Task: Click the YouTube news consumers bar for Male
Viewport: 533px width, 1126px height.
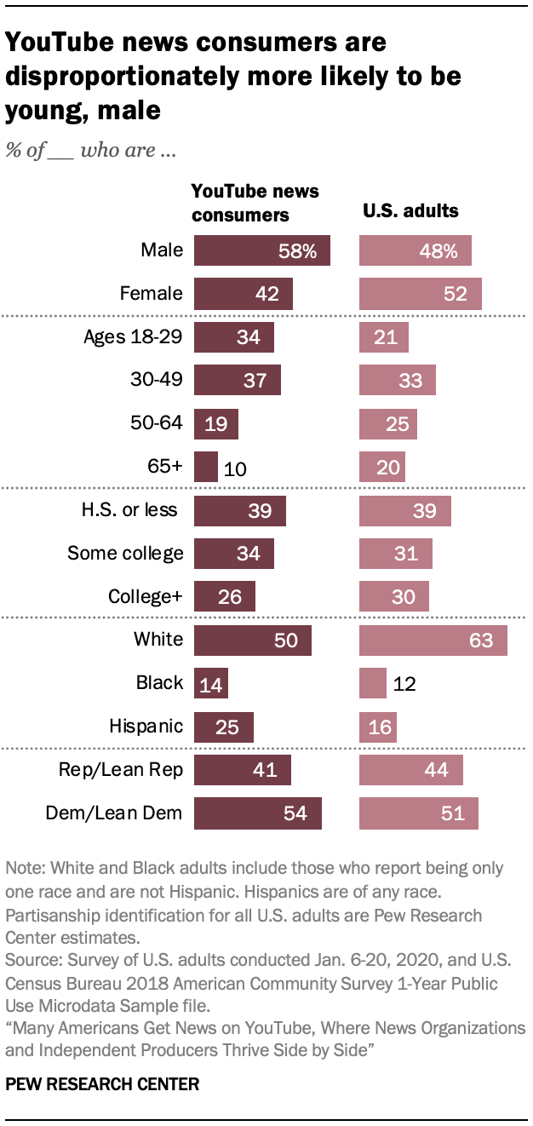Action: coord(261,251)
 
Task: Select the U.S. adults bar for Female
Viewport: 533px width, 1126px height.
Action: coord(421,294)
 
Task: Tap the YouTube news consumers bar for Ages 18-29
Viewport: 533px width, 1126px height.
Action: coord(234,337)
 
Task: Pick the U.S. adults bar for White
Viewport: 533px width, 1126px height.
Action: coord(433,640)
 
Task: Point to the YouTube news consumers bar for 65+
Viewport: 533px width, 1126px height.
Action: coord(206,468)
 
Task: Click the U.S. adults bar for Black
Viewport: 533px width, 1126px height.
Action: coord(373,683)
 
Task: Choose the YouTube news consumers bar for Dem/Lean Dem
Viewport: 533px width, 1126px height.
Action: coord(258,813)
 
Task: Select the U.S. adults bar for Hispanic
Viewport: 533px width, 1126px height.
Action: coord(378,727)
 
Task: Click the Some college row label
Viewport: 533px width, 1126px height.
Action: coord(125,554)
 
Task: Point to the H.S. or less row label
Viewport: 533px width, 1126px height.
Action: coord(129,509)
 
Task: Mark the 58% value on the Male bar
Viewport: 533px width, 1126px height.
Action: coord(297,251)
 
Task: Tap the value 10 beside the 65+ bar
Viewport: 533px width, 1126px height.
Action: coord(233,468)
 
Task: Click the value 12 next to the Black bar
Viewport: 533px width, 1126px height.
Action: coord(404,683)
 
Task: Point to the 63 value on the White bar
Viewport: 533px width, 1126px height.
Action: coord(481,640)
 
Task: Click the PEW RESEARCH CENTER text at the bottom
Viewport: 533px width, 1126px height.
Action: coord(102,1084)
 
